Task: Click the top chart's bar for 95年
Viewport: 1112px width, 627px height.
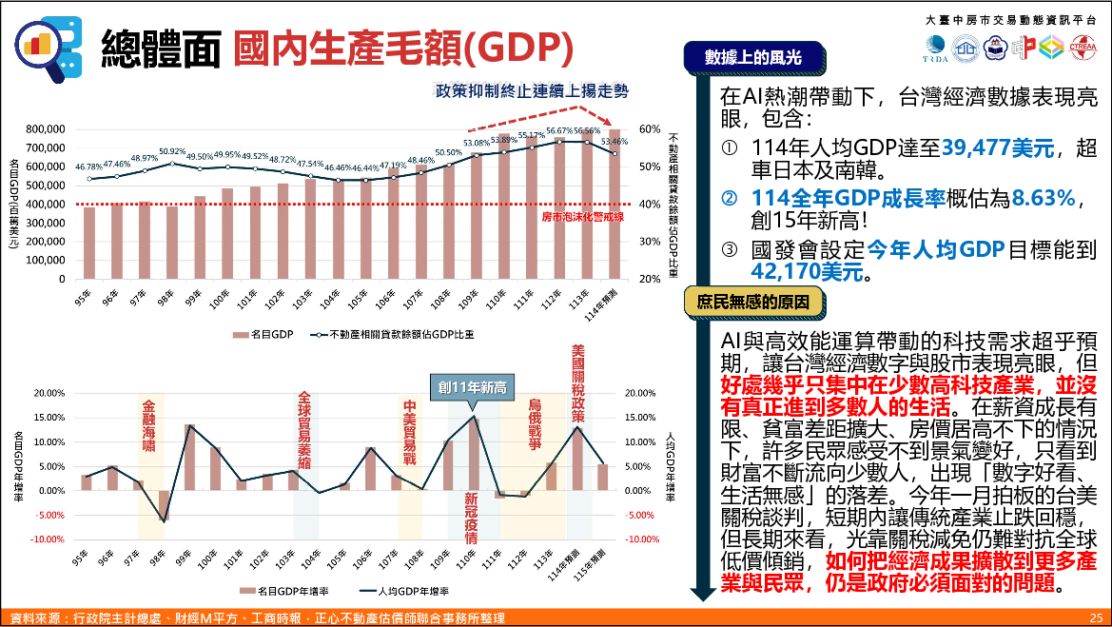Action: [x=88, y=243]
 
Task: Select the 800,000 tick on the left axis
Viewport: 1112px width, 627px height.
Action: [x=46, y=129]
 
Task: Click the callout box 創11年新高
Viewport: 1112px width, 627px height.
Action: [x=472, y=387]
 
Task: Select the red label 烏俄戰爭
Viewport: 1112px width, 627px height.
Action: [x=535, y=424]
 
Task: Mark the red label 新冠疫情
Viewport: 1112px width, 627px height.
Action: [x=472, y=518]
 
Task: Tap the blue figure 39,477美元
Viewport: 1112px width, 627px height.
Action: [x=999, y=148]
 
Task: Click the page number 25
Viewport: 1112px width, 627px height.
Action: [x=1096, y=618]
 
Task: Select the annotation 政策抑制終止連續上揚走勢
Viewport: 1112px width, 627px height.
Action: [x=532, y=91]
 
